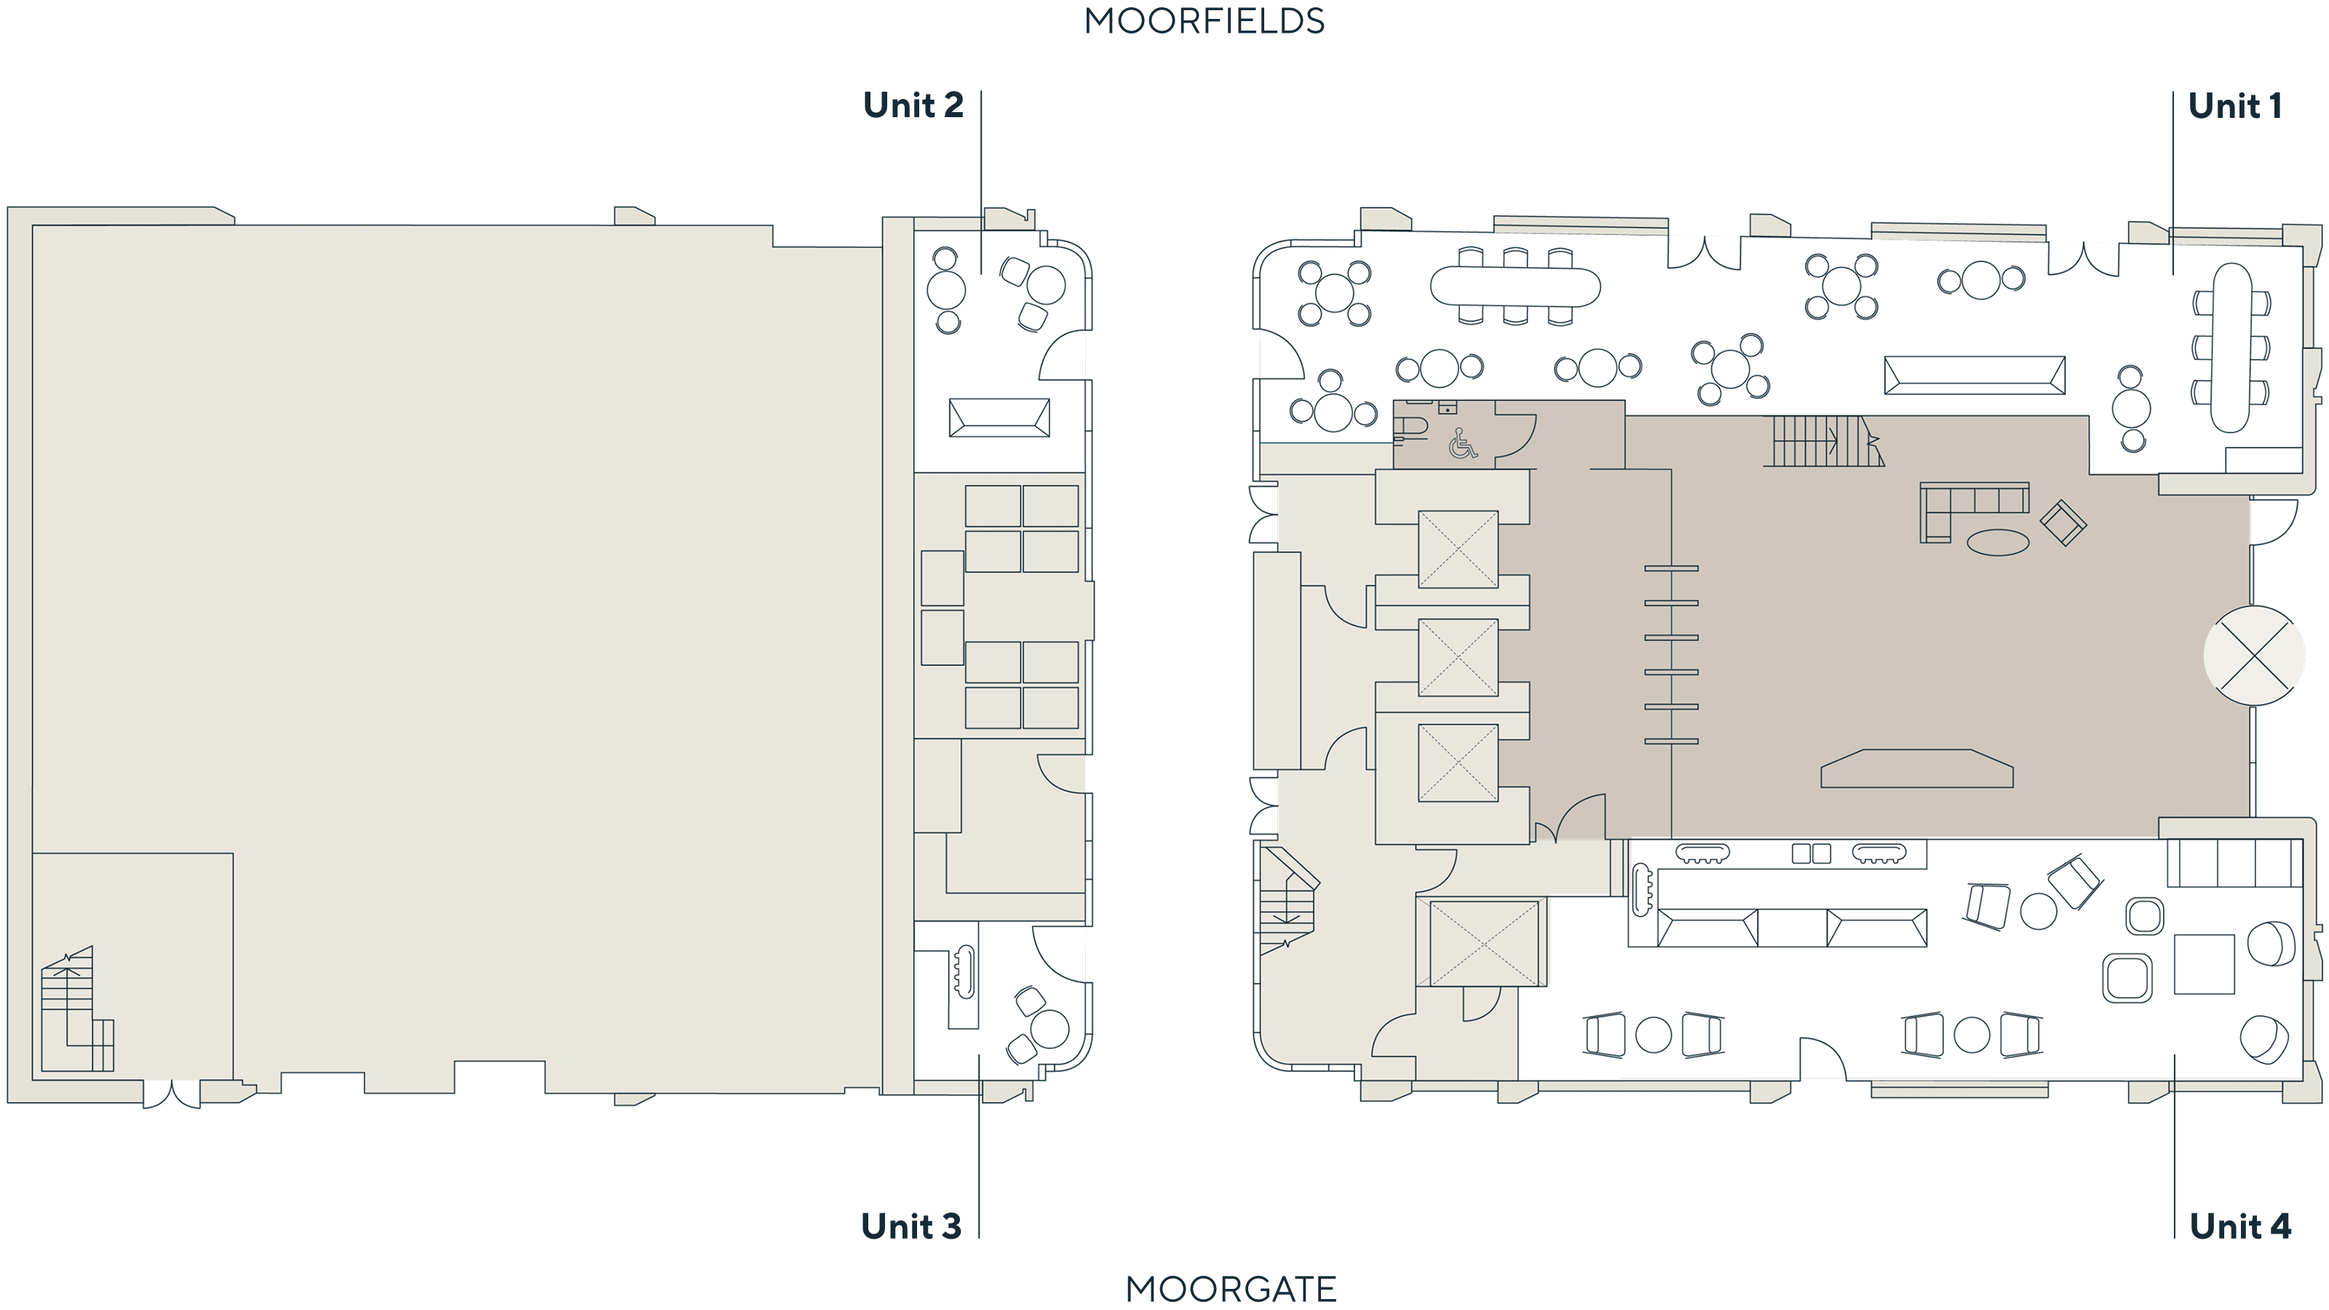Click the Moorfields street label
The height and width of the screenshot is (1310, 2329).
pos(1205,21)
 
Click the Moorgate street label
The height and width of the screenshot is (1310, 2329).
pos(1231,1289)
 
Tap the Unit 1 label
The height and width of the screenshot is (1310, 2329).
pos(2234,106)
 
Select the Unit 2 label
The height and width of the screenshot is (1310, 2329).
pos(913,105)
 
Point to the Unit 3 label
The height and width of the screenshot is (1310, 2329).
pos(911,1226)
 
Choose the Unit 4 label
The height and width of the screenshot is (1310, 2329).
pos(2240,1226)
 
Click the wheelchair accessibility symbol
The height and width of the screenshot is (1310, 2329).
pos(1462,443)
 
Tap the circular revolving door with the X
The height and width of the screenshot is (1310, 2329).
pos(2253,656)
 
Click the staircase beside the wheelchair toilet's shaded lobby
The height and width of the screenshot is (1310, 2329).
pos(1822,441)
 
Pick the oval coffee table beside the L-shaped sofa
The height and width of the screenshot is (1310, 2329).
pos(1998,542)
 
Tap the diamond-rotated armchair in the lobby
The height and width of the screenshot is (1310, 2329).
pos(2063,523)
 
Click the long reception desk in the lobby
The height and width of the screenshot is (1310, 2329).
pos(1917,769)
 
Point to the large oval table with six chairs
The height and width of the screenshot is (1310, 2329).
pos(1515,287)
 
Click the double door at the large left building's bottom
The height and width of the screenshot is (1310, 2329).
pos(172,1094)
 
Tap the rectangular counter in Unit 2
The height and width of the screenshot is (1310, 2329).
pos(999,418)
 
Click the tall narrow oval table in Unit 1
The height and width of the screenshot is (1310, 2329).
pos(2231,348)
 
